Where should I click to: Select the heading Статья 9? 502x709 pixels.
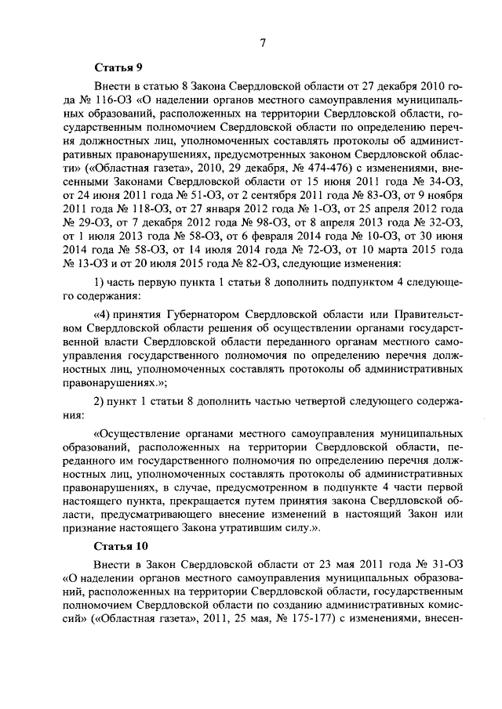tap(117, 68)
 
